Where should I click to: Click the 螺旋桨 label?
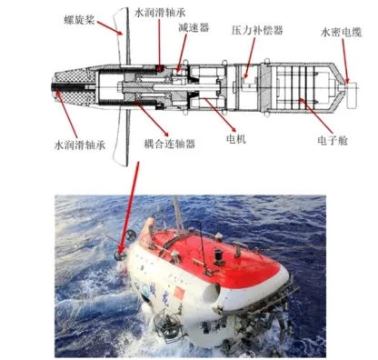(80, 20)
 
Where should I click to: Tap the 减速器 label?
(194, 28)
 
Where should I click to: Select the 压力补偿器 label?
(257, 30)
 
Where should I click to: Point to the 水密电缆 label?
(341, 32)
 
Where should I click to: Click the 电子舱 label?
(333, 140)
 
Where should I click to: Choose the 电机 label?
(236, 139)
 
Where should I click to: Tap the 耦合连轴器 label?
(170, 144)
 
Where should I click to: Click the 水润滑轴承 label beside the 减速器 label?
(160, 13)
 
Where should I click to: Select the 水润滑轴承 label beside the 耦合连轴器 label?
(80, 145)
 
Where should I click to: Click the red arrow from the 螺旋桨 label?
(110, 27)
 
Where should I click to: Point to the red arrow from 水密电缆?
(344, 60)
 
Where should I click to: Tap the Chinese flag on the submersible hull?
(179, 293)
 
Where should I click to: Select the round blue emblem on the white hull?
(145, 287)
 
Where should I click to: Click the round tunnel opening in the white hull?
(213, 293)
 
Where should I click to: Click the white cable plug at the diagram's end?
(353, 95)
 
